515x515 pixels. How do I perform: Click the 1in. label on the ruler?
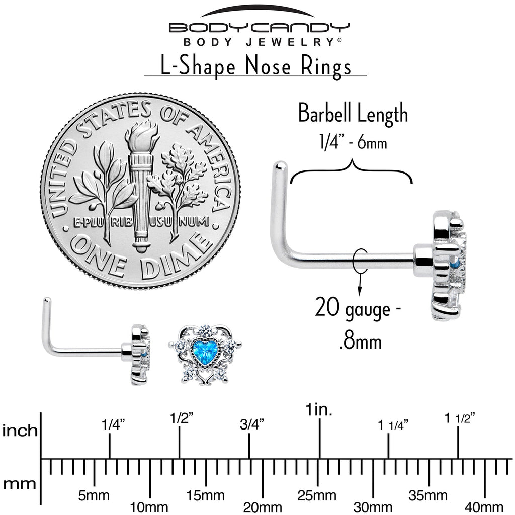click(x=319, y=410)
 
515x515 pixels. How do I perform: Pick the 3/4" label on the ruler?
click(x=249, y=425)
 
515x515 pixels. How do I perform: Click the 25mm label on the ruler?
click(x=317, y=495)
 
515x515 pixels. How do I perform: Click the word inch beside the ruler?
click(x=20, y=431)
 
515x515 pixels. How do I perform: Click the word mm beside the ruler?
click(x=20, y=484)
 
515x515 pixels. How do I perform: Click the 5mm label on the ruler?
click(x=94, y=495)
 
